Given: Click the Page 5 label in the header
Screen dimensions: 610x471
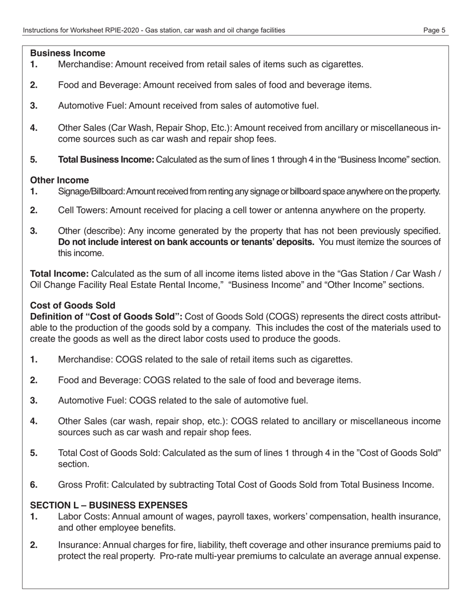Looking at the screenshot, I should click(x=434, y=30).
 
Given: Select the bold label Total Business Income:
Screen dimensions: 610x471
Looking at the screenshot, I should click(x=106, y=160).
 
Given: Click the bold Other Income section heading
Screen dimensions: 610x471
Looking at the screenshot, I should click(x=59, y=180).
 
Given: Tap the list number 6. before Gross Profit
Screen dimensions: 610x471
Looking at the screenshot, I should click(x=34, y=485).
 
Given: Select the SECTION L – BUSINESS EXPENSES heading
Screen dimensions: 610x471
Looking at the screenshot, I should click(x=109, y=505).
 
